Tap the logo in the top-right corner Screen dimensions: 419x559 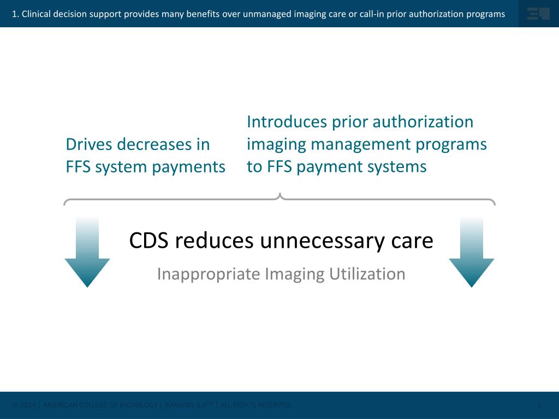[538, 14]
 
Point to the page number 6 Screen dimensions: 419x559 [539, 405]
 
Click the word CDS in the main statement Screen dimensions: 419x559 [151, 241]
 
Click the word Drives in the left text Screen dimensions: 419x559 [90, 145]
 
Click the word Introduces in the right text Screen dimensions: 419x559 [287, 122]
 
